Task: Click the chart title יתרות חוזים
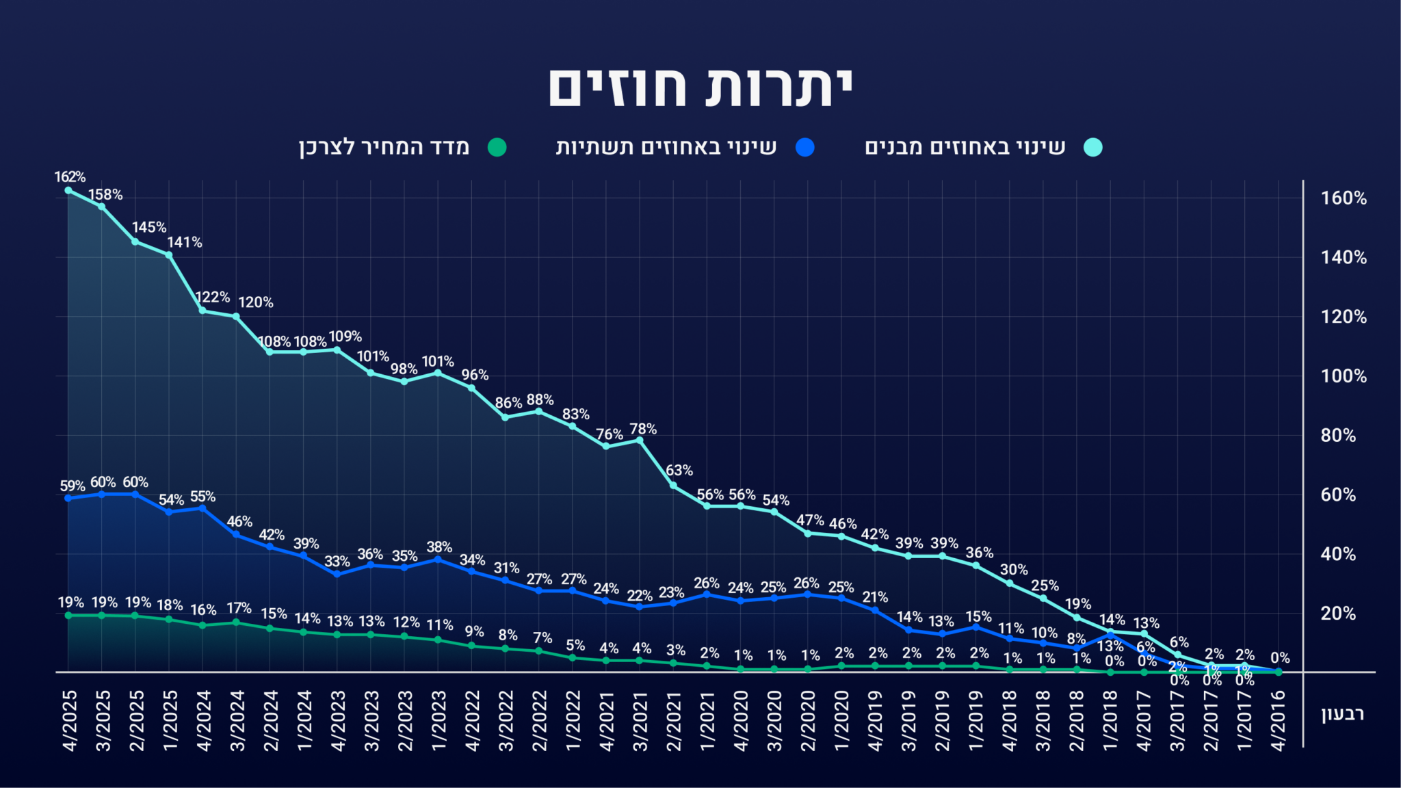(x=700, y=88)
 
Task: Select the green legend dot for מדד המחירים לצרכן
(x=497, y=147)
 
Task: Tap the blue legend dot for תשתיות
(x=805, y=147)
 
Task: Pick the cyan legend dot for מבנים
(x=1093, y=147)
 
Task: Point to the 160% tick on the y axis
(x=1343, y=198)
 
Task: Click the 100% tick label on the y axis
(x=1343, y=376)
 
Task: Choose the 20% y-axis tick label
(x=1338, y=614)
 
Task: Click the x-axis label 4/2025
(x=69, y=721)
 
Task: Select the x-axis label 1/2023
(x=438, y=721)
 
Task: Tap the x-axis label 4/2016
(x=1278, y=721)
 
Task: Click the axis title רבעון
(x=1342, y=714)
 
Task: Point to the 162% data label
(x=70, y=177)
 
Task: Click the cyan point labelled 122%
(x=202, y=311)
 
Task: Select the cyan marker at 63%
(x=673, y=486)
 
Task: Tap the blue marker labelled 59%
(x=68, y=498)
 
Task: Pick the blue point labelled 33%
(x=337, y=574)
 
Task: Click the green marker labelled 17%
(x=236, y=622)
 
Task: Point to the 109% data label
(x=345, y=337)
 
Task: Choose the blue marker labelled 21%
(x=875, y=610)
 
